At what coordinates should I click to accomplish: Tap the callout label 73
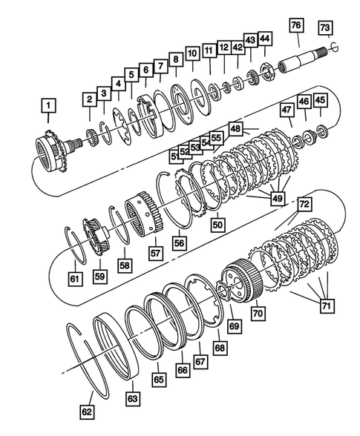[x=325, y=27]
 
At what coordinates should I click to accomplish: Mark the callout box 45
[x=321, y=100]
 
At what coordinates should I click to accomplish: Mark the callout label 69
[x=235, y=325]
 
